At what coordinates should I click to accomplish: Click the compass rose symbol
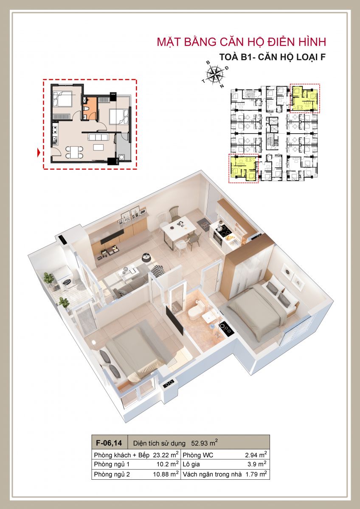click(x=214, y=74)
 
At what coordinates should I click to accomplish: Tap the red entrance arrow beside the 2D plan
click(x=39, y=152)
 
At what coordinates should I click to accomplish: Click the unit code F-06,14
click(x=109, y=443)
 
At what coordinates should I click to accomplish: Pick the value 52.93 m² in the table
click(x=205, y=442)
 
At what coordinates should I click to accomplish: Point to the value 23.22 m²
click(x=166, y=455)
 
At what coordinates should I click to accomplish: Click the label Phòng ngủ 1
click(x=112, y=464)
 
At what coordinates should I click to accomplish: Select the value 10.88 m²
click(x=166, y=474)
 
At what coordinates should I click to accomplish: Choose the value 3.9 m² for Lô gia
click(x=257, y=464)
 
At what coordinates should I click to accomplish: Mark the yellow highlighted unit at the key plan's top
click(x=304, y=99)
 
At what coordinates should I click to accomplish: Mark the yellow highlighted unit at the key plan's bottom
click(x=243, y=168)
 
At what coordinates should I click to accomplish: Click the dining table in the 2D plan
click(x=74, y=152)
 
